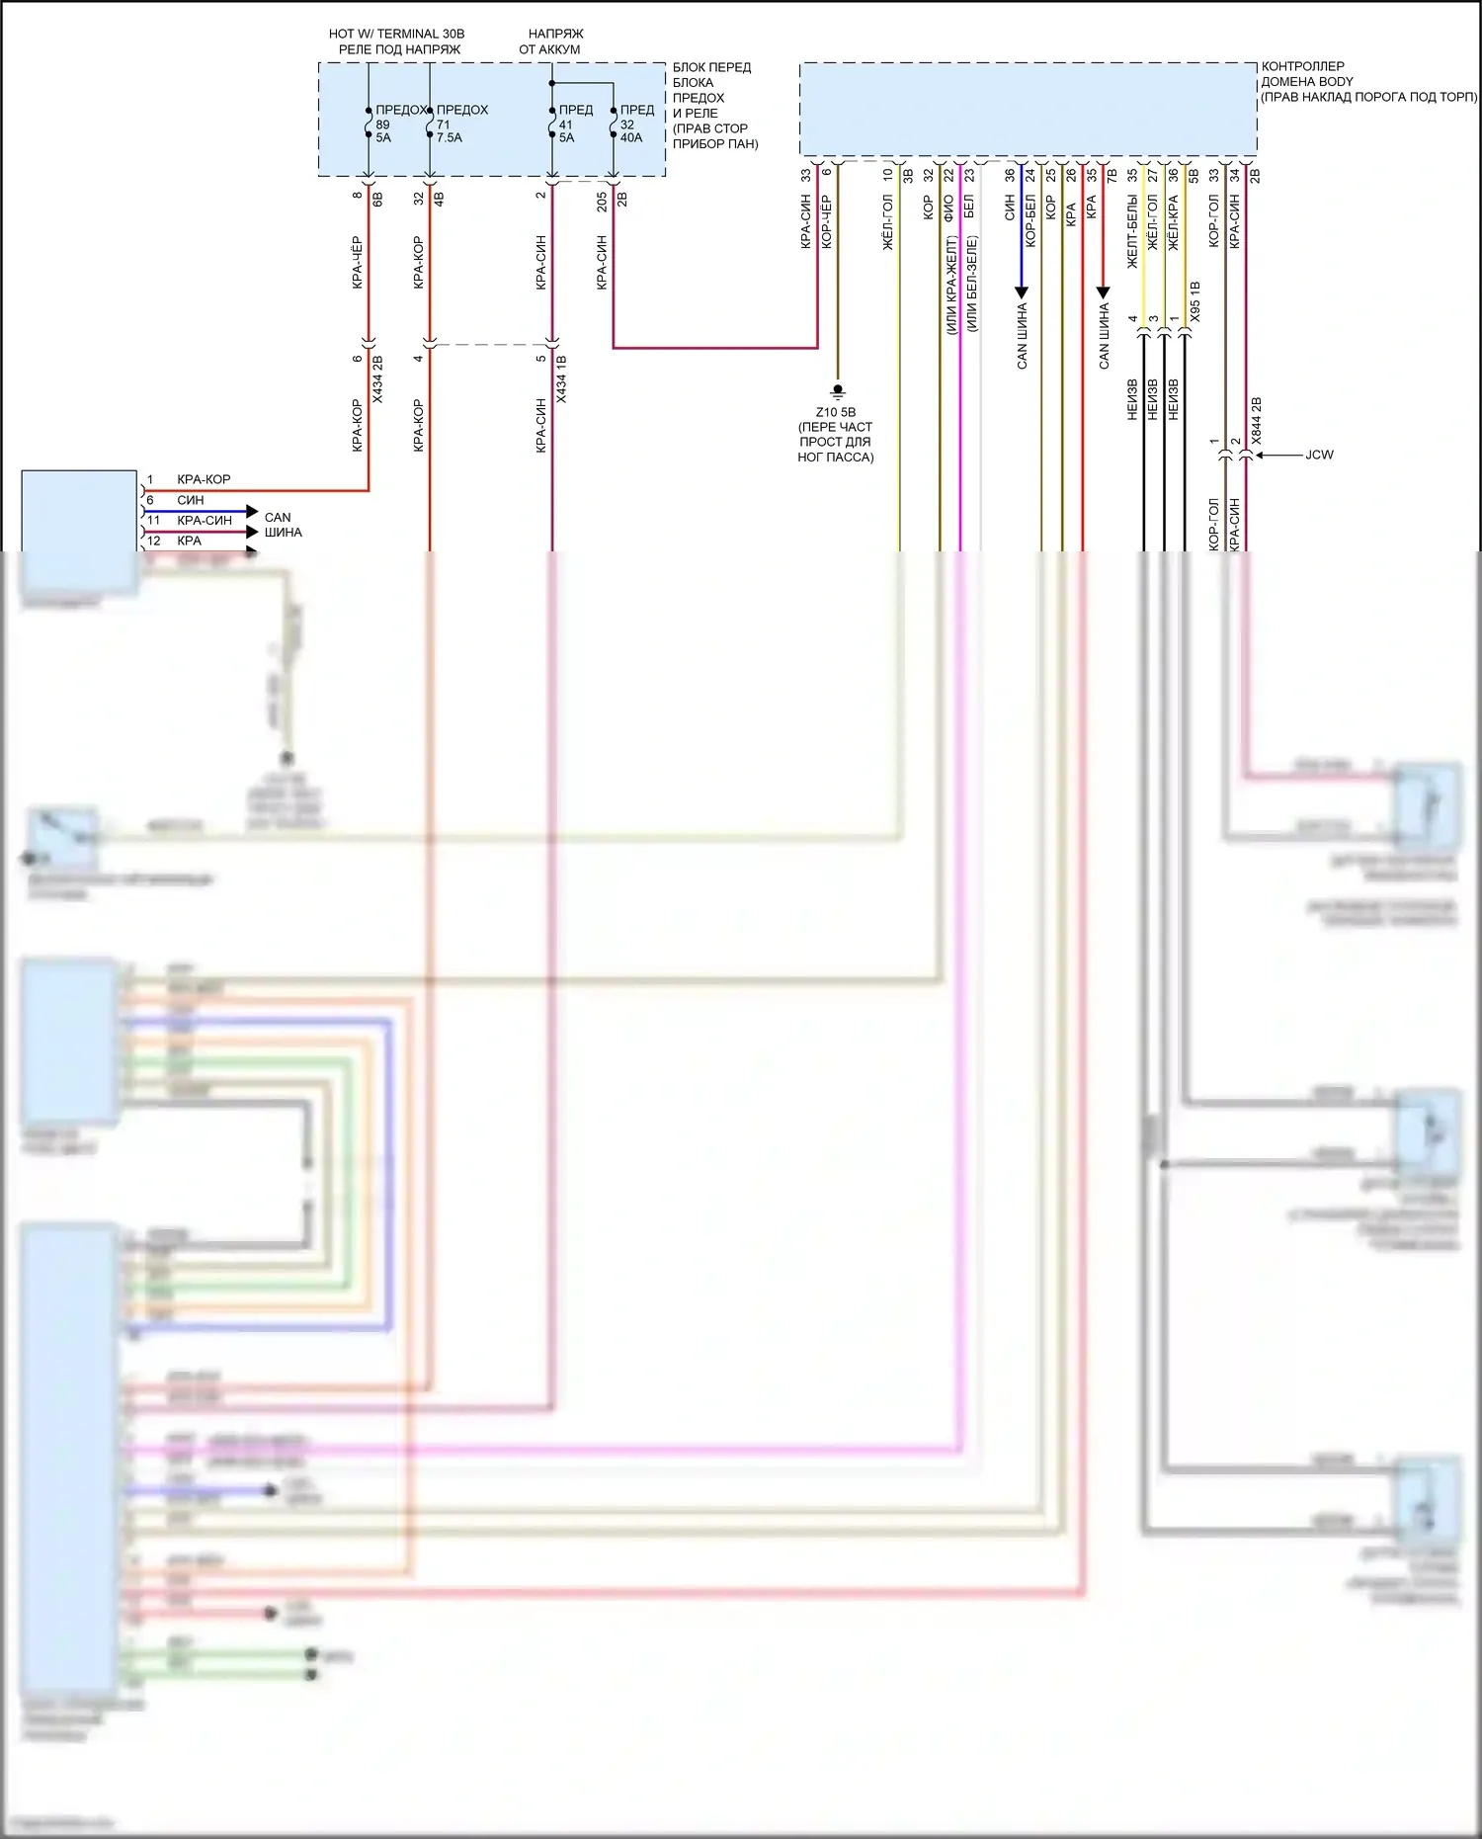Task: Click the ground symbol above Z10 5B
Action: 838,390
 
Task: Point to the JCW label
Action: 1319,455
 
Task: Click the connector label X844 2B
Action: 1257,420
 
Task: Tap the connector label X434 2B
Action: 377,379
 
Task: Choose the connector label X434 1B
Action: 561,379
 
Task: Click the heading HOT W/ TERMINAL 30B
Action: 396,34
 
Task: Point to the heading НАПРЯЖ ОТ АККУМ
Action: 552,42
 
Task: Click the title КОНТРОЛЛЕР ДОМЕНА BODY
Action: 1307,74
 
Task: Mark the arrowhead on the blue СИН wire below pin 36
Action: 1022,292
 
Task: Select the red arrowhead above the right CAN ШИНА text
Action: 1104,292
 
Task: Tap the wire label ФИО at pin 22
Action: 948,207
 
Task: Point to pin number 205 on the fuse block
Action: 602,202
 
